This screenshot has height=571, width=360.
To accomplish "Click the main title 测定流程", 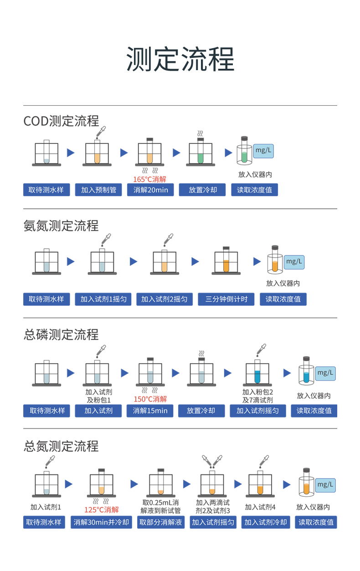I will [x=180, y=60].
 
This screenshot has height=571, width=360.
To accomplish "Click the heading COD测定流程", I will [x=61, y=121].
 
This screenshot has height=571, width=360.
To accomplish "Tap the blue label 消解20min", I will [x=150, y=190].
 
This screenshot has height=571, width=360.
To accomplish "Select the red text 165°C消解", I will [x=150, y=179].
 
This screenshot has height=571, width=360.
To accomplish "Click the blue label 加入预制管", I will [x=98, y=190].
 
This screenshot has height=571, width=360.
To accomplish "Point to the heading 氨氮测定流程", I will [x=61, y=225].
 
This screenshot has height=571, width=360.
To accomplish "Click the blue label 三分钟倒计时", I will [x=226, y=299].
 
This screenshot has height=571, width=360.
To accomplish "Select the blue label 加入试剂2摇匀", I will [x=164, y=299].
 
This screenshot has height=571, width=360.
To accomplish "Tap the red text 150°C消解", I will [x=150, y=399].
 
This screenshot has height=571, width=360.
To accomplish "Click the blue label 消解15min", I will [x=150, y=411].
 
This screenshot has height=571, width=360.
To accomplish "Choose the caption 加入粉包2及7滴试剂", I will [x=257, y=396].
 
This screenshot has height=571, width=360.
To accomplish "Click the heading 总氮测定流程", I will [x=61, y=446].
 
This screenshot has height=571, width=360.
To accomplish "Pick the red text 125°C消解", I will [x=101, y=510].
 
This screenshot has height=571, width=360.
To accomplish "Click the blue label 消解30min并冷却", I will [x=101, y=522].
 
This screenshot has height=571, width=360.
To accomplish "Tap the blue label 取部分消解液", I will [x=160, y=522].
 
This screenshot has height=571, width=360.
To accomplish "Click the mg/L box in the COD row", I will [x=263, y=150].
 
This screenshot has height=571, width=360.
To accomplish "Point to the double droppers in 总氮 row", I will [x=212, y=461].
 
